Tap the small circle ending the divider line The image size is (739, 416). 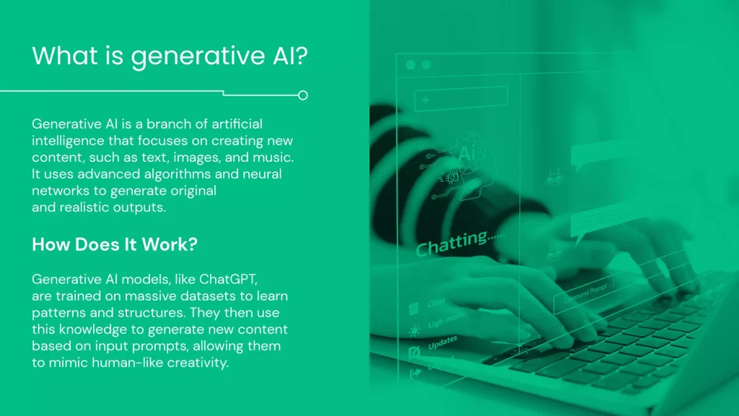pos(303,95)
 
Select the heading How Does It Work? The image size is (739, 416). pos(115,245)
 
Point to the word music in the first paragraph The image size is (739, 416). pos(273,157)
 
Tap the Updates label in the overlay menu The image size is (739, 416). pos(442,343)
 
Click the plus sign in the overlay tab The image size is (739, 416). pos(427,100)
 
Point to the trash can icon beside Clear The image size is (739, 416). pos(414,309)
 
